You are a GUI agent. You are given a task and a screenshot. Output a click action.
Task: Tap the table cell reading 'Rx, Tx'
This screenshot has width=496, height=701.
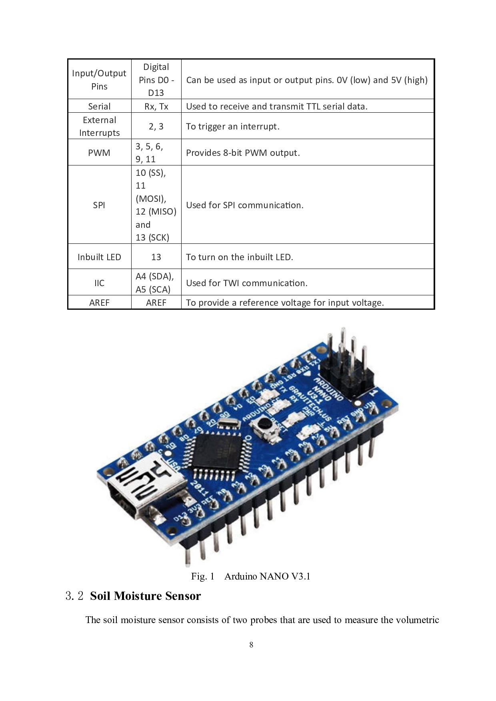point(156,106)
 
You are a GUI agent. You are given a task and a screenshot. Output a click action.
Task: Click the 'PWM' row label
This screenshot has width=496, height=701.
point(99,153)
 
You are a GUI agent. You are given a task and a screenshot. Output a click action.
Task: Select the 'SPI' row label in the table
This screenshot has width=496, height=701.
point(99,205)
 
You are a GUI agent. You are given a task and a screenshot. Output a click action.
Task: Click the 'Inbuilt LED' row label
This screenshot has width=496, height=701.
point(99,257)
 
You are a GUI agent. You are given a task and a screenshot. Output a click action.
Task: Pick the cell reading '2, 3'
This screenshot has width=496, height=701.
point(156,126)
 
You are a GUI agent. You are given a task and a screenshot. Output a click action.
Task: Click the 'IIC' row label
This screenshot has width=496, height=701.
point(99,283)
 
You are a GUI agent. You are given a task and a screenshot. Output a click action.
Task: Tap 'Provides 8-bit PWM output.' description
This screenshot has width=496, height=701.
point(243,153)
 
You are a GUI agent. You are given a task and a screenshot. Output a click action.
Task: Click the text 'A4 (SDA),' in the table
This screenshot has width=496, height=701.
point(154,276)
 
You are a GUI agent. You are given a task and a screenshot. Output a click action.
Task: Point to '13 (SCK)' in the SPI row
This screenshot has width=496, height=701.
point(152,237)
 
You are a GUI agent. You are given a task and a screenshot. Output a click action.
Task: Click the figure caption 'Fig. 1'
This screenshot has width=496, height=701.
point(202,576)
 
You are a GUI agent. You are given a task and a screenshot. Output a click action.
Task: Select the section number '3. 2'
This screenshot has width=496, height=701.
point(74,596)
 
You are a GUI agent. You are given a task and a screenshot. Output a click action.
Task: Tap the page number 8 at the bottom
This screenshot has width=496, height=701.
point(251,644)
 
